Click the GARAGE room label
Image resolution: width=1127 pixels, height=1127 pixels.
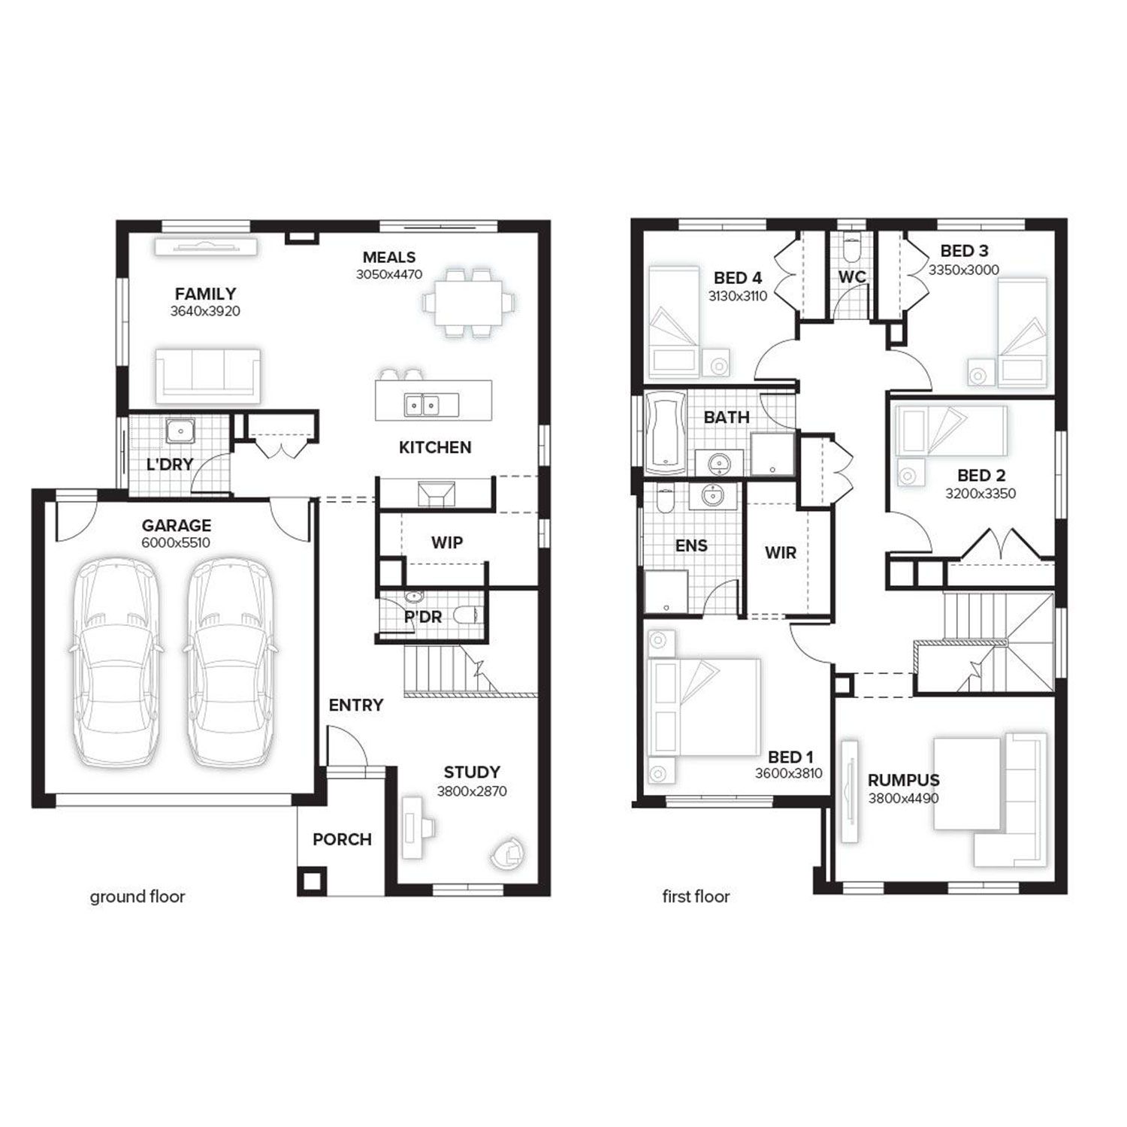177,525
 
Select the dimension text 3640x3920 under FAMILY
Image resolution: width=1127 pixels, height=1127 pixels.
205,311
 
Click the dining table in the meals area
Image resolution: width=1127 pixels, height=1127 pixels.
468,301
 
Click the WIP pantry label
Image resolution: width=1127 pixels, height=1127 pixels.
447,542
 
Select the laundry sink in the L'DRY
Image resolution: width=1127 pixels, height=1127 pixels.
180,431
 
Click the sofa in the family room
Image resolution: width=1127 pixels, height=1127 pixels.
208,373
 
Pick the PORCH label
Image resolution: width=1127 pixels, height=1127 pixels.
342,839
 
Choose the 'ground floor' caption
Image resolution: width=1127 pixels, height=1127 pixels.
137,896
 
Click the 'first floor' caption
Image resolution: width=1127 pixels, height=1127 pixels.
696,896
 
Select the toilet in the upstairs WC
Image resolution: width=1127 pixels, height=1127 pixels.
852,248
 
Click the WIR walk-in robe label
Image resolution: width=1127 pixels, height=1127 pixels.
781,553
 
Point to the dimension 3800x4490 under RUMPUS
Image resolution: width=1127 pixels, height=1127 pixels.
904,799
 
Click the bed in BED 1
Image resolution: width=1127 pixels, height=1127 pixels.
702,707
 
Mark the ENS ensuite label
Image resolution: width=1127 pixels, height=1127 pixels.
691,546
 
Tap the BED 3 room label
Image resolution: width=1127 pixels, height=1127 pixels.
964,250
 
